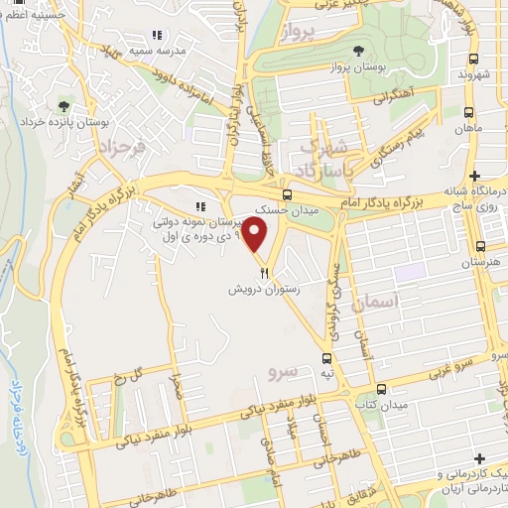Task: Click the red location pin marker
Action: (x=257, y=237)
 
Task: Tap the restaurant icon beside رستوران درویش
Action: (x=263, y=272)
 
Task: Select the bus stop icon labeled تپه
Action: (x=326, y=357)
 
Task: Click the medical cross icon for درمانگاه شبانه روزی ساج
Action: (x=475, y=176)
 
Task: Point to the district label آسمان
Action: (x=380, y=300)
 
